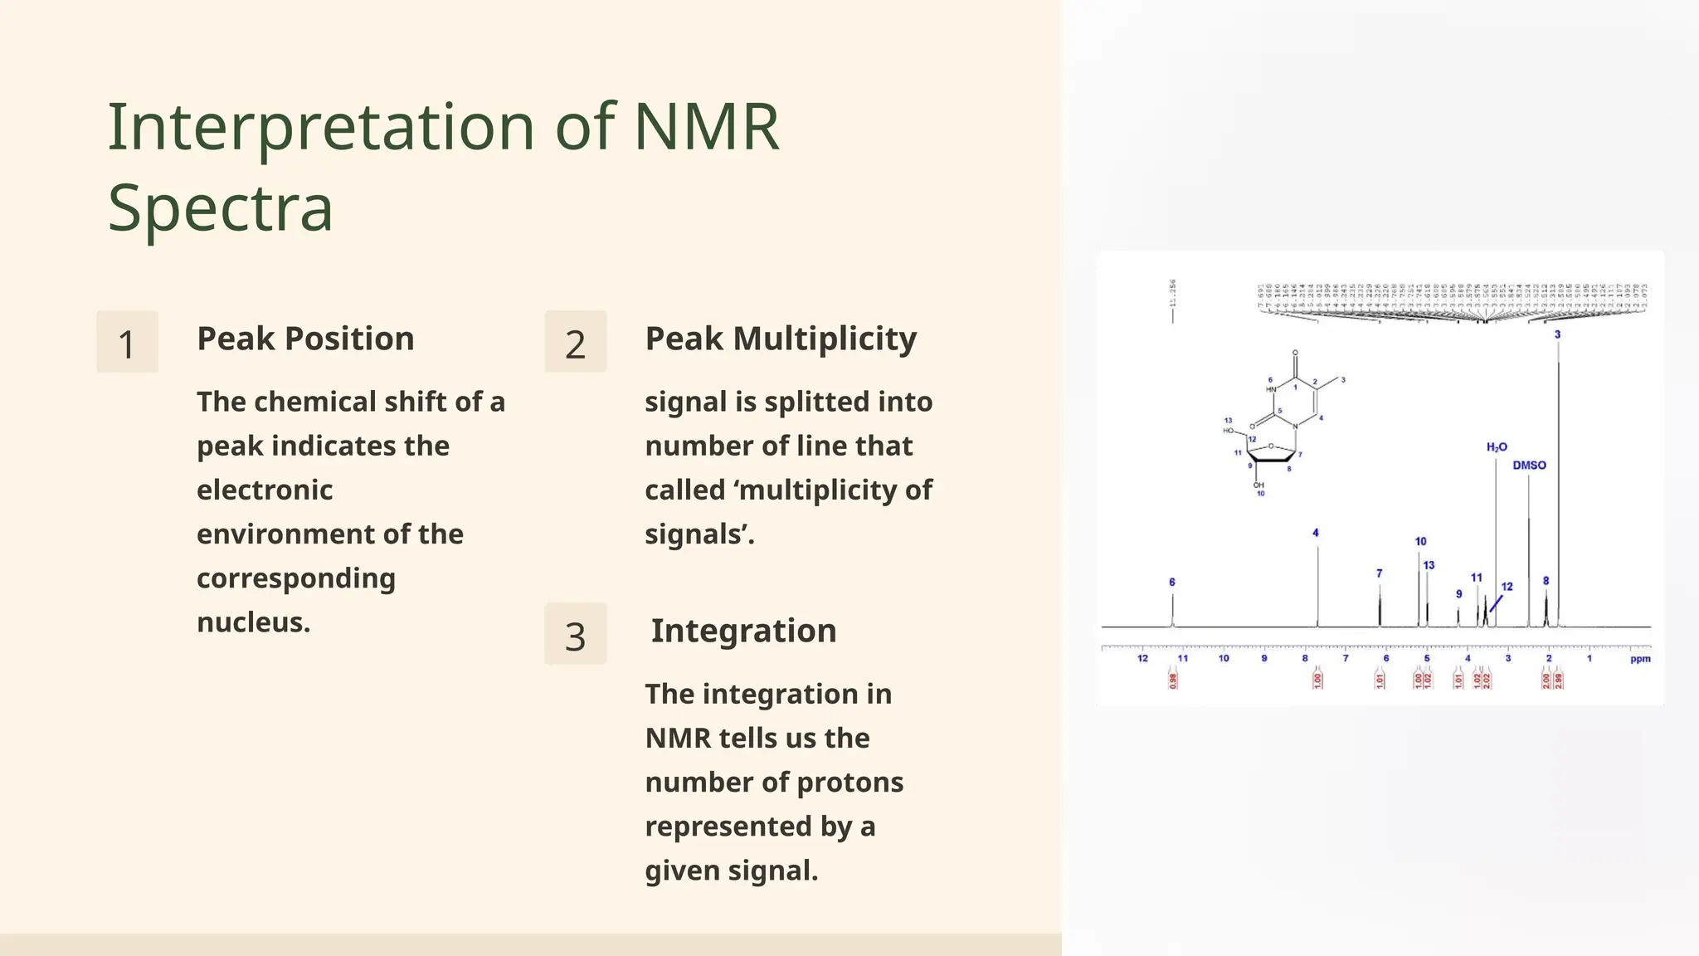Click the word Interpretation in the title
pos(321,128)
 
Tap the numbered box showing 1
pos(127,343)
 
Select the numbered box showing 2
pos(575,343)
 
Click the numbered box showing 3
pos(575,635)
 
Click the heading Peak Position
pos(305,339)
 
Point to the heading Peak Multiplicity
pos(780,339)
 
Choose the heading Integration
pos(743,631)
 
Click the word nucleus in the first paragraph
pos(252,622)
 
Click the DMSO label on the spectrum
pos(1529,466)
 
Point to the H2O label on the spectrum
pos(1497,447)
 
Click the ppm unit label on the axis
pos(1639,659)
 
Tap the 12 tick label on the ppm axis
pos(1142,658)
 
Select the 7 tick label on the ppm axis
pos(1346,658)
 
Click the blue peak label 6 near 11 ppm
pos(1172,583)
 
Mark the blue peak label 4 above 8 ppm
pos(1316,533)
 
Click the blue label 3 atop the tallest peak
pos(1557,334)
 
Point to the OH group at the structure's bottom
pos(1258,485)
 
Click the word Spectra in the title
pos(220,207)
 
